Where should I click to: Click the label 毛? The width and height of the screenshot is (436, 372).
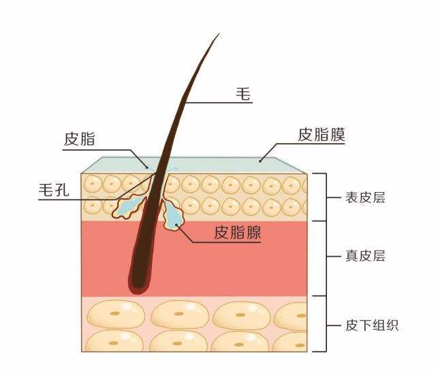[x=243, y=95]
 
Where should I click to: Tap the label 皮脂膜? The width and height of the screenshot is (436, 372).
[x=321, y=135]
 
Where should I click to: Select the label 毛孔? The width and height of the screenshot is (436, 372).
[x=54, y=189]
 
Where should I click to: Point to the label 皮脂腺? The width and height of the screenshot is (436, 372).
[x=238, y=232]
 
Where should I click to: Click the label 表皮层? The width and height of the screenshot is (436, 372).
[x=365, y=198]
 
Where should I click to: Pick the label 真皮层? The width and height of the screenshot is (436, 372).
[x=365, y=257]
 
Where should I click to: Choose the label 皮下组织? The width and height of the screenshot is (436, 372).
[x=371, y=324]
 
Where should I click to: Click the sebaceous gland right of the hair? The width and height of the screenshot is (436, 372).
[x=174, y=215]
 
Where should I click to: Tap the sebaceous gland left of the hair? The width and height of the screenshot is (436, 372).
[x=129, y=205]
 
